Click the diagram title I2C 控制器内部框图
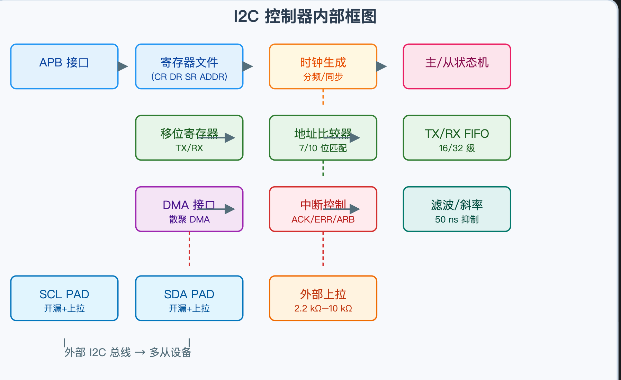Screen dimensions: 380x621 point(305,17)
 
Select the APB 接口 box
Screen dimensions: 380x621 point(64,66)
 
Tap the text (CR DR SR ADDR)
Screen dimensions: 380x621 point(189,77)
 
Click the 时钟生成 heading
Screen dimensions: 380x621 point(323,63)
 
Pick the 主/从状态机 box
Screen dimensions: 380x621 point(457,66)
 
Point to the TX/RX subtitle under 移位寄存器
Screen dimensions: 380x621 point(189,148)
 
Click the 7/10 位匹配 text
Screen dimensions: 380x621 point(323,148)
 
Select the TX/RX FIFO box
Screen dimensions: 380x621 point(457,138)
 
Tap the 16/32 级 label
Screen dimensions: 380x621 point(457,148)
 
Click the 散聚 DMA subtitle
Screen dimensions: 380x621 point(189,219)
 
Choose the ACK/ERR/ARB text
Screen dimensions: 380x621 point(323,219)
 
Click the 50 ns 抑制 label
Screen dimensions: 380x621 point(457,219)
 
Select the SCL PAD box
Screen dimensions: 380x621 point(64,298)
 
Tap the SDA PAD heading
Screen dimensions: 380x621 point(189,294)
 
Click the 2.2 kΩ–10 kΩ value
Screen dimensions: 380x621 point(323,308)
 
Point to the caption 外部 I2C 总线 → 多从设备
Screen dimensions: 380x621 point(128,352)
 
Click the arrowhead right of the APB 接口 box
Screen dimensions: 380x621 point(123,66)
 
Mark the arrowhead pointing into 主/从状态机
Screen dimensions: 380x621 point(381,66)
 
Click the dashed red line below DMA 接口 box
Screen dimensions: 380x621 point(189,249)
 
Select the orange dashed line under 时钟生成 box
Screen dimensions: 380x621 point(323,97)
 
